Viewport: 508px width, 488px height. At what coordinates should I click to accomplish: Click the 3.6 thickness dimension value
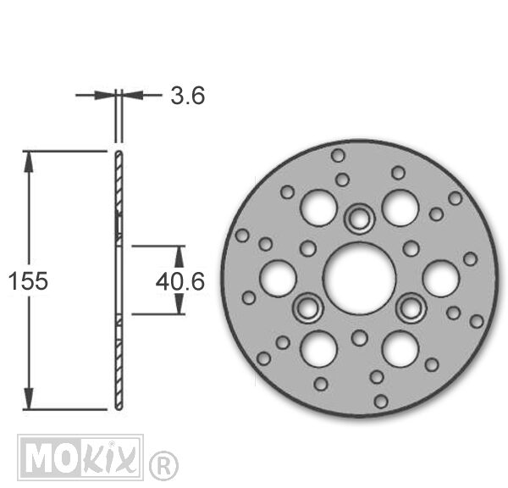(188, 96)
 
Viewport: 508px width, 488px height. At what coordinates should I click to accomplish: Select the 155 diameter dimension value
(28, 280)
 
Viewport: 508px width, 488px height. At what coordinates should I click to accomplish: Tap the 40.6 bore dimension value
(180, 281)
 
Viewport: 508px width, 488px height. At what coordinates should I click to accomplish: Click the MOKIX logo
(80, 457)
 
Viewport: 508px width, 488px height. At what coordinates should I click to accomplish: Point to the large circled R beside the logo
(164, 466)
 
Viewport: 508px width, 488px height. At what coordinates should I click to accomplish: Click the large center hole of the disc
(360, 278)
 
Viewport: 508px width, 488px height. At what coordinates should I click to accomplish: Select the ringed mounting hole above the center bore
(360, 219)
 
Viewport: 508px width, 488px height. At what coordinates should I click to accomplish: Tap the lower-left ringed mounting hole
(308, 308)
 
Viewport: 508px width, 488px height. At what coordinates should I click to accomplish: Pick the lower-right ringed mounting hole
(411, 308)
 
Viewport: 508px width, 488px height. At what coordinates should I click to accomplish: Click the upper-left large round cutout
(319, 208)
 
